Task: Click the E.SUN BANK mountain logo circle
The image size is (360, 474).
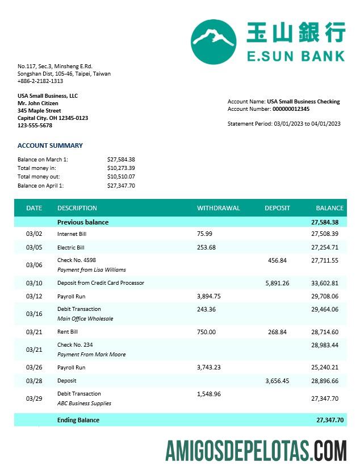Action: coord(213,41)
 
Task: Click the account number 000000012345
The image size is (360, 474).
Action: coord(291,109)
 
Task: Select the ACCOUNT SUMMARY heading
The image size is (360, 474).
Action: coord(50,145)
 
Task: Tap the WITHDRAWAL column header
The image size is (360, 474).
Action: coord(218,208)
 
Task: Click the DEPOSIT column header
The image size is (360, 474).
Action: coord(277,208)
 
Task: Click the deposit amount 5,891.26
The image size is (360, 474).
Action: coord(277,283)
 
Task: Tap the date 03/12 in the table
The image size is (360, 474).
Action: coord(34,296)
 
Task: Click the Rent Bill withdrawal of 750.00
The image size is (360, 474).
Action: coord(206,332)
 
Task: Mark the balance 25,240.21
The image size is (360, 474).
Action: coord(325,368)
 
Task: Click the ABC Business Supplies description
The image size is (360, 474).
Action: coord(84,404)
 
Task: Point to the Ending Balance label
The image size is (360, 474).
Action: coord(78,420)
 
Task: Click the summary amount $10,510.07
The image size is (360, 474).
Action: coord(121,177)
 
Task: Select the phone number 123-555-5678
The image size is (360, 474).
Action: coord(35,126)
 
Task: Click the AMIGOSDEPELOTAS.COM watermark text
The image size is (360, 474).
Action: coord(256,451)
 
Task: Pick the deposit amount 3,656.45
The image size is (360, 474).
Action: coord(277,381)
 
